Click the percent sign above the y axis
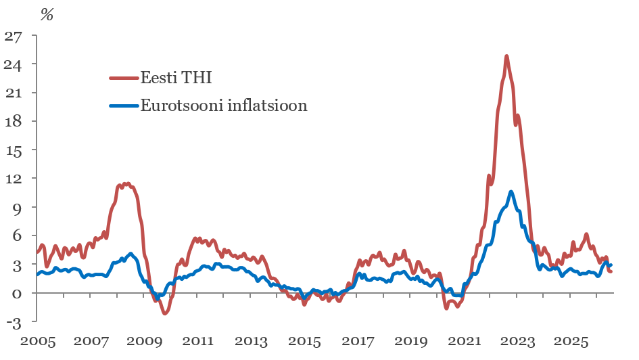(47, 15)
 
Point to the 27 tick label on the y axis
(13, 37)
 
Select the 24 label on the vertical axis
(13, 64)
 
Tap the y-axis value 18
(13, 122)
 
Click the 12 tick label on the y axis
(13, 179)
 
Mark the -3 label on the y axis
(14, 323)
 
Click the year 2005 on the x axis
(38, 341)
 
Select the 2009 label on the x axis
(144, 341)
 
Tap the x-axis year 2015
(304, 341)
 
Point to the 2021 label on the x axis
(464, 341)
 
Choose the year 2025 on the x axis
(571, 341)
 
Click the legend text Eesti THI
(176, 77)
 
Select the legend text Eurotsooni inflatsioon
(224, 106)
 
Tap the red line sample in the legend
(124, 77)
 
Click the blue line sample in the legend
(124, 106)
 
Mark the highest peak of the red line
(506, 56)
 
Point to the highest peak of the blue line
(511, 192)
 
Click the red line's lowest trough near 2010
(165, 313)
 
